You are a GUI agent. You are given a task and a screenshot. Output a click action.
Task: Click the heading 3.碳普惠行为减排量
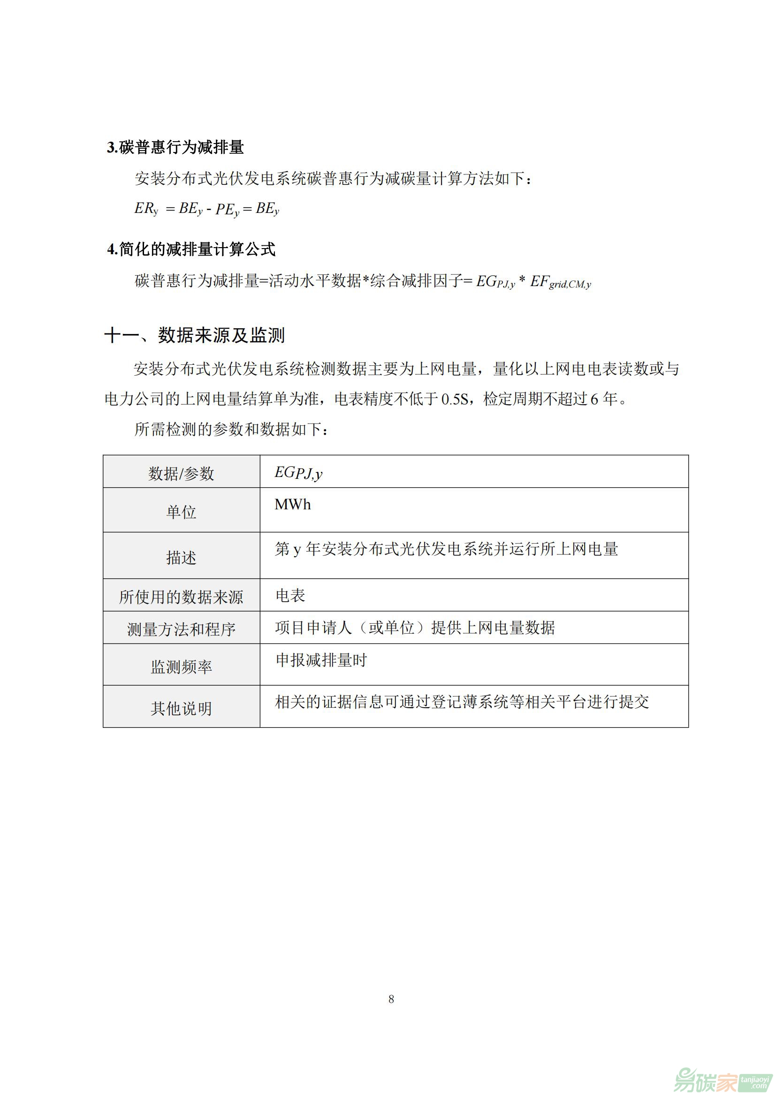coord(175,147)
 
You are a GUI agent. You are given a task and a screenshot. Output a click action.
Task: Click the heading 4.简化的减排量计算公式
coord(191,249)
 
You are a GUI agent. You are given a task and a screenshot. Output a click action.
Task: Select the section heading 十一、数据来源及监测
coord(194,335)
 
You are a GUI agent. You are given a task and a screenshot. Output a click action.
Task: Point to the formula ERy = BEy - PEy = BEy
coord(206,209)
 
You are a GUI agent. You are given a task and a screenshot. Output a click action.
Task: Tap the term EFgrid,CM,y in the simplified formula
coord(560,282)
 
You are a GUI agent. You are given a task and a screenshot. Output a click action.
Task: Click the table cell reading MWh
coord(292,505)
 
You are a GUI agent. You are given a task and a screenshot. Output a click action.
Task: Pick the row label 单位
coord(181,512)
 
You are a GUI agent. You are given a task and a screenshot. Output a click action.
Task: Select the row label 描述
coord(181,557)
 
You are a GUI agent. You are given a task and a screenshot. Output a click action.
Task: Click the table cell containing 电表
coord(290,595)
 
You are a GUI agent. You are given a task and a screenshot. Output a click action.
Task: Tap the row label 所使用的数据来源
coord(181,597)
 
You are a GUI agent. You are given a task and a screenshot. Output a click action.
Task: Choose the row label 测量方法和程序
coord(181,629)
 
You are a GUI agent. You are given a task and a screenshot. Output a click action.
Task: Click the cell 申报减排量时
coord(321,660)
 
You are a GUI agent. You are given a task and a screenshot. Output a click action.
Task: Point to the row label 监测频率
coord(181,666)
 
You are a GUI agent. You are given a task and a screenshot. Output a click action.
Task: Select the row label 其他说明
coord(181,708)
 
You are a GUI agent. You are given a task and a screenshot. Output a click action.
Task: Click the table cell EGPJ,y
coord(298,473)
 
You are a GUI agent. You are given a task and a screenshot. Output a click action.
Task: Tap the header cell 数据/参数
coord(181,474)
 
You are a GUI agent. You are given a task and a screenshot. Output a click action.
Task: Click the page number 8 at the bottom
coord(391,999)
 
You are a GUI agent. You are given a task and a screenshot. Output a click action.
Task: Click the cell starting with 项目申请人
coord(415,628)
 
